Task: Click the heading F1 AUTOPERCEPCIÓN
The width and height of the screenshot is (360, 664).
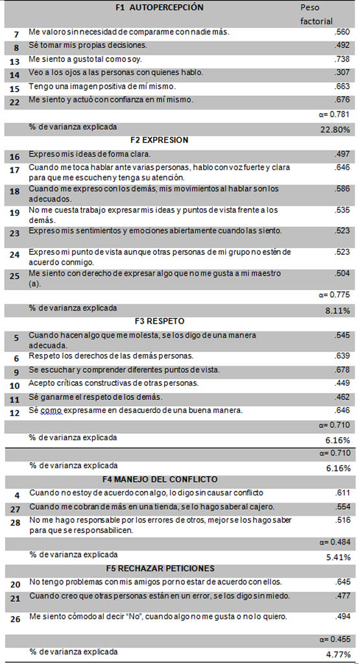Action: [160, 7]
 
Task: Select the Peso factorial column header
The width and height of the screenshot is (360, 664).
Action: [317, 14]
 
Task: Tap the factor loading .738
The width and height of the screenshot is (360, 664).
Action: [342, 60]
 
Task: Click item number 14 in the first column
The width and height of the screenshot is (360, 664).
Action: [14, 75]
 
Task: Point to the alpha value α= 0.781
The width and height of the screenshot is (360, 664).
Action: [335, 114]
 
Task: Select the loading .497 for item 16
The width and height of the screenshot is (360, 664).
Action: [342, 154]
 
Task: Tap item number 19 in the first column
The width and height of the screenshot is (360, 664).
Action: [14, 213]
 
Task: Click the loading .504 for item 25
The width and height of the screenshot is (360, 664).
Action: [342, 273]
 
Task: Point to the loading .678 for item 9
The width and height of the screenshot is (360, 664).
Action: [342, 370]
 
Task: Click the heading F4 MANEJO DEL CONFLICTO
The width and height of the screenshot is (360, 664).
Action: [160, 479]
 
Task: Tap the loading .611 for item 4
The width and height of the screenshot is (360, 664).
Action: [342, 493]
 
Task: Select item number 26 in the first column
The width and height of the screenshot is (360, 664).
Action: [15, 619]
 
